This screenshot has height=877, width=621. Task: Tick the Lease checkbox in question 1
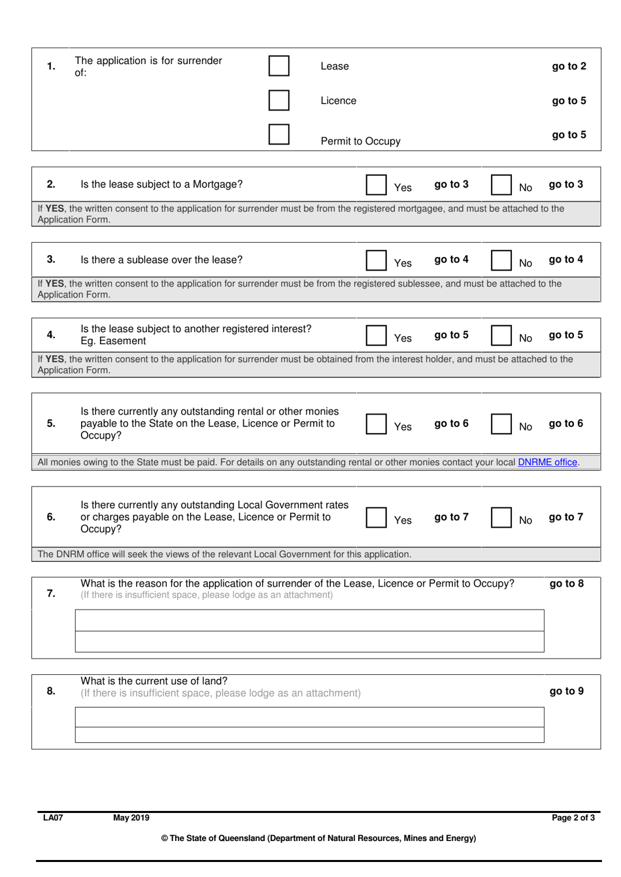pyautogui.click(x=278, y=66)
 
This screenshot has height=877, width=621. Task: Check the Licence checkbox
pyautogui.click(x=278, y=100)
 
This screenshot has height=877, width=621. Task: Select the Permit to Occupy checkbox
pyautogui.click(x=278, y=134)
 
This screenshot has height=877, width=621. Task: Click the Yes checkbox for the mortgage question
pyautogui.click(x=376, y=184)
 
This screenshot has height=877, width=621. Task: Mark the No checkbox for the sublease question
pyautogui.click(x=501, y=260)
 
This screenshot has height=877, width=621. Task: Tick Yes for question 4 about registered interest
pyautogui.click(x=376, y=335)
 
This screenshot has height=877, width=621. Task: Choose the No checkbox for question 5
pyautogui.click(x=501, y=423)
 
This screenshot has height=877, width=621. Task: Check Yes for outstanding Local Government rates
pyautogui.click(x=376, y=517)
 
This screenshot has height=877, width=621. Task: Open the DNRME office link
pyautogui.click(x=548, y=462)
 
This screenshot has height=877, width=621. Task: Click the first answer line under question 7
pyautogui.click(x=309, y=620)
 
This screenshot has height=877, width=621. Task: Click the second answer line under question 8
pyautogui.click(x=309, y=735)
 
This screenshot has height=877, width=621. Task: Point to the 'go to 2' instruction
pyautogui.click(x=569, y=66)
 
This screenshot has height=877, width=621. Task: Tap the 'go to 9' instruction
pyautogui.click(x=566, y=691)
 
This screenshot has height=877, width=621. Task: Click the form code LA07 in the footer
pyautogui.click(x=53, y=817)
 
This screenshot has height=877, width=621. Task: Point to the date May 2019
pyautogui.click(x=131, y=817)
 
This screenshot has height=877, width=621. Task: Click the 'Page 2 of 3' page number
pyautogui.click(x=573, y=817)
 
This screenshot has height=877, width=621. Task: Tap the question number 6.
pyautogui.click(x=51, y=517)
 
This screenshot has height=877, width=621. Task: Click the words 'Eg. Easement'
pyautogui.click(x=113, y=341)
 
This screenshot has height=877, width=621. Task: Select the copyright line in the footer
pyautogui.click(x=318, y=838)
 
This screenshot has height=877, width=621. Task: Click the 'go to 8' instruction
pyautogui.click(x=566, y=583)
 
